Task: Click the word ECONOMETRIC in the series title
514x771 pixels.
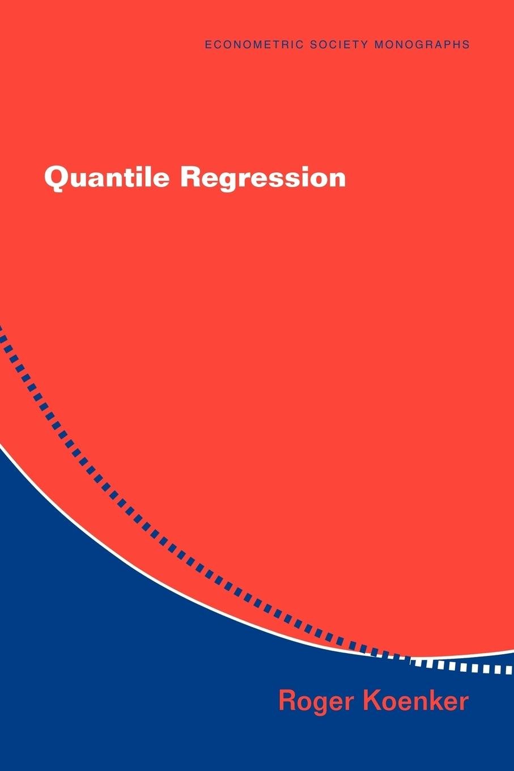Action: (254, 44)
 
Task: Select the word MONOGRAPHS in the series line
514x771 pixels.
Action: (422, 44)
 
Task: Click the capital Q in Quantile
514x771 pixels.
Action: (55, 179)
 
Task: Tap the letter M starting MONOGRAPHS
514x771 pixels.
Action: (379, 44)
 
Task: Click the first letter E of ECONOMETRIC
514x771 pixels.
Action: (208, 44)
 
